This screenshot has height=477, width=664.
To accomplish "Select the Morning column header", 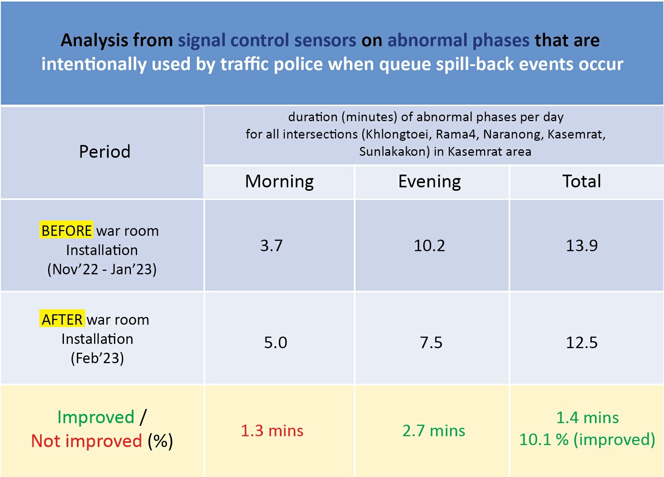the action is point(280,182).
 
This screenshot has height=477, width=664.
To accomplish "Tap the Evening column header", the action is point(429,182).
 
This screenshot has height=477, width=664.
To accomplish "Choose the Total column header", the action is point(582,181).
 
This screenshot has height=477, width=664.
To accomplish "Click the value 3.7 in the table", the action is point(272,245).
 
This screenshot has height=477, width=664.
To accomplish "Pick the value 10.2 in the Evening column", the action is point(429,245).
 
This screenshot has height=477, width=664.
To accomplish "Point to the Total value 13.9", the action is point(582,245).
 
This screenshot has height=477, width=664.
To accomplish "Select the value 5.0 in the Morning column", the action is point(276,342).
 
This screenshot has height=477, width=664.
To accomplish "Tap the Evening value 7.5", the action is point(431,342).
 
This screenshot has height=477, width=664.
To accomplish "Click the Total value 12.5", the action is point(582,342).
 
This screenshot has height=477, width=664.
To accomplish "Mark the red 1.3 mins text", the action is point(272,431).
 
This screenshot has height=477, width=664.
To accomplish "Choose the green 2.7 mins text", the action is point(434,431).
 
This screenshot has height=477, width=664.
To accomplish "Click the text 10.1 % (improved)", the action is point(587,439).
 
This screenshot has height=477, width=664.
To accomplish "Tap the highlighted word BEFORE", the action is point(66,230).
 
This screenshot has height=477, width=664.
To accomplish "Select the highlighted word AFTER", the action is point(62,319).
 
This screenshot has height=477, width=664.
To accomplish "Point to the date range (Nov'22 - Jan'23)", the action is point(102,269).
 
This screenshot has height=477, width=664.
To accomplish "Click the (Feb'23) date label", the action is point(97,358).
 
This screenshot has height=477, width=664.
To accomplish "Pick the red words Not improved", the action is point(87,441).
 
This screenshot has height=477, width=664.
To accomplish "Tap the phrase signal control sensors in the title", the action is point(267,40).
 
